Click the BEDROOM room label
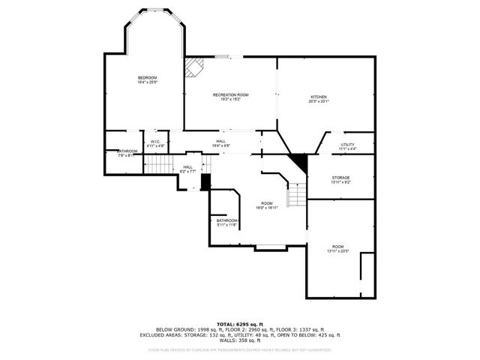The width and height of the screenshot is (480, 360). (x=147, y=78)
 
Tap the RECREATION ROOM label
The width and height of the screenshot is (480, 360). (x=230, y=94)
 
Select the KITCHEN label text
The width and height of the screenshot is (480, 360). (x=319, y=97)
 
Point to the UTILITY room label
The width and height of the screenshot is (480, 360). (x=347, y=145)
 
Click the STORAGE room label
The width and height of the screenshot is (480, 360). (x=340, y=178)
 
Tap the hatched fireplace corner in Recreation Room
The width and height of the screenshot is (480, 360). (x=194, y=68)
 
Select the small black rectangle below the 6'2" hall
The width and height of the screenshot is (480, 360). (x=205, y=181)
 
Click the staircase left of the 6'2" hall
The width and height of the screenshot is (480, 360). (x=158, y=163)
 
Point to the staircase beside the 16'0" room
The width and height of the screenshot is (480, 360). (x=298, y=195)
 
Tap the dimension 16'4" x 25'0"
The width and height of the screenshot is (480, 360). (x=147, y=82)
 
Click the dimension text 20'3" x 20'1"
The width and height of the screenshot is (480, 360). (x=319, y=101)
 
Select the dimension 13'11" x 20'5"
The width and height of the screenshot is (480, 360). (x=338, y=250)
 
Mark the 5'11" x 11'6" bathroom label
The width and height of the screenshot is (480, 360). (x=226, y=225)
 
